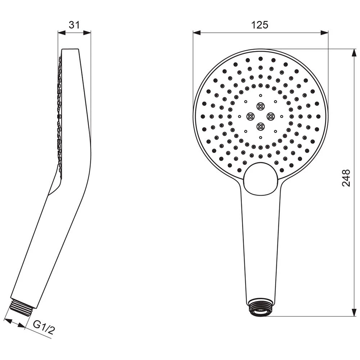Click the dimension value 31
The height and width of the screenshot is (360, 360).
74,24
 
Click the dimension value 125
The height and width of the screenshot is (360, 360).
260,24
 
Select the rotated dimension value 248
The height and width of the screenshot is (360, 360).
346,178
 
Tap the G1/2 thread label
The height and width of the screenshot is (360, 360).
44,327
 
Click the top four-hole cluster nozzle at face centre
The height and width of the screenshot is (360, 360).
260,106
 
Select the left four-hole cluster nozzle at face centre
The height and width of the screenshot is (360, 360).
250,116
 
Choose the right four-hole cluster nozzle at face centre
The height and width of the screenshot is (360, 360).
270,116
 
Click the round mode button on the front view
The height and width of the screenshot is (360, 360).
261,178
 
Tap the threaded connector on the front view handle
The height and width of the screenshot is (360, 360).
260,307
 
